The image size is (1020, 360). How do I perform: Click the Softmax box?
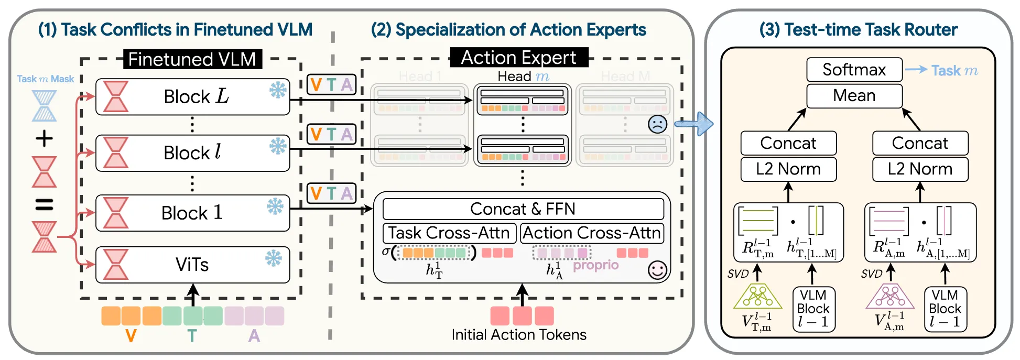click(854, 70)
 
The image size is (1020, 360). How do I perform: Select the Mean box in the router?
click(854, 96)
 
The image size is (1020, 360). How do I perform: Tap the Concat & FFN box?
click(523, 209)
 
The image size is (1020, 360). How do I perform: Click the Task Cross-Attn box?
click(449, 233)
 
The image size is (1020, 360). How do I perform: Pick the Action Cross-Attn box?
click(592, 233)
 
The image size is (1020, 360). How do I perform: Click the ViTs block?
click(192, 265)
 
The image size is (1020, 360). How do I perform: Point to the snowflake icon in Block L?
click(278, 90)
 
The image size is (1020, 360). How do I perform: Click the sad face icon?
click(657, 124)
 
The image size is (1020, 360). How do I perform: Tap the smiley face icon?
click(657, 270)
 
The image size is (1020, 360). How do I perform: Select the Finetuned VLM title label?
click(192, 59)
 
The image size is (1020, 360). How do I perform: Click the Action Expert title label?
click(518, 58)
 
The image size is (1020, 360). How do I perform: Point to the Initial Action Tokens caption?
click(519, 335)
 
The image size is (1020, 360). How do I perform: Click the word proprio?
click(595, 265)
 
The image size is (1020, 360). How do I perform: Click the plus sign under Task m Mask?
click(44, 139)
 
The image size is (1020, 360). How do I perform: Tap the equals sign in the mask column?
click(44, 204)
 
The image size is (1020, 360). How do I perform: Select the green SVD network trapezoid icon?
click(757, 297)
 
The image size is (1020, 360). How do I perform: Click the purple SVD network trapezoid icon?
click(889, 297)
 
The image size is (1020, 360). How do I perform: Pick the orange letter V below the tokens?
click(131, 335)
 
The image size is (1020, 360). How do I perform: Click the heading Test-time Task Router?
click(858, 30)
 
